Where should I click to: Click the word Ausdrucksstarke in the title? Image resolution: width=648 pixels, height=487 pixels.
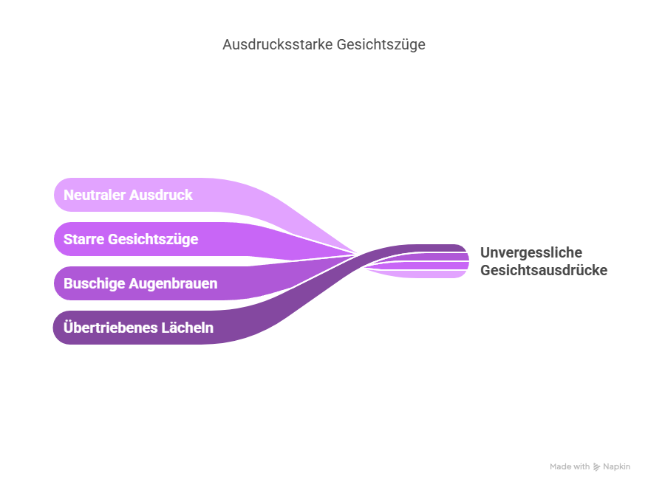[278, 44]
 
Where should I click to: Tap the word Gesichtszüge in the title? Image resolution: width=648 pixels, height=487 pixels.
[381, 44]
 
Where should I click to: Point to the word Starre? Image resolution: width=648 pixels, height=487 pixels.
[84, 239]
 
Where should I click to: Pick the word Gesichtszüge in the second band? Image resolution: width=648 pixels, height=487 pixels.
[154, 239]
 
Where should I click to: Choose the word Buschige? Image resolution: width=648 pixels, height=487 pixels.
[95, 283]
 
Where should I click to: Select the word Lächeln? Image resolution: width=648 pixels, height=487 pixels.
[188, 328]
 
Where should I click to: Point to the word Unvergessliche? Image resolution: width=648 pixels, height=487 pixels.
[531, 252]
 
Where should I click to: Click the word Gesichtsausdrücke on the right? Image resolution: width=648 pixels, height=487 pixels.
[544, 270]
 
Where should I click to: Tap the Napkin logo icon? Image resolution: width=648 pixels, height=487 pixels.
[596, 467]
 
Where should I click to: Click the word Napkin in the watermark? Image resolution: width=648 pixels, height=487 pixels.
[616, 467]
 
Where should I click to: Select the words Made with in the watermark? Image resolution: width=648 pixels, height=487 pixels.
[570, 466]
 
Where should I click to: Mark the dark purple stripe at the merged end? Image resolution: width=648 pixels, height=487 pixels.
[438, 248]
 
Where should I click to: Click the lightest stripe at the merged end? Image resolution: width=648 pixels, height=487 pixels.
[438, 274]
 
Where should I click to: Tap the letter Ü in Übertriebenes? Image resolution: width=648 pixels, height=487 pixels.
[69, 327]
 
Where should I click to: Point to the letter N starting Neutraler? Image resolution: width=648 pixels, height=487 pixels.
[69, 195]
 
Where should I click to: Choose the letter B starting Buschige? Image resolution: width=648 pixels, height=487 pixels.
[68, 283]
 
